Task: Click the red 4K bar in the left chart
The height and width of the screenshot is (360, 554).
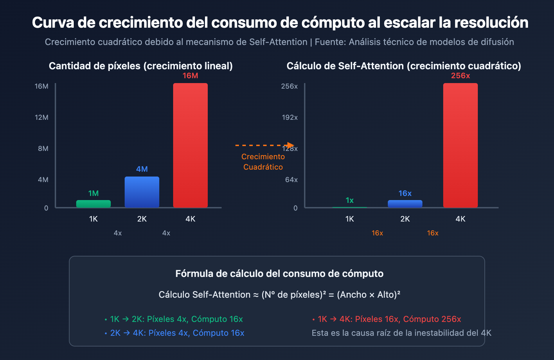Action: [190, 145]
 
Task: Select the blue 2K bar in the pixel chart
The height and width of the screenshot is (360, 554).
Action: [142, 192]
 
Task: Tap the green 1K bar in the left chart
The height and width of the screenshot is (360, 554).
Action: [93, 204]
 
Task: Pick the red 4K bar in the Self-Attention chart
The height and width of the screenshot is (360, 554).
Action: [461, 145]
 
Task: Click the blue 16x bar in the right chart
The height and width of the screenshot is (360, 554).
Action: [405, 204]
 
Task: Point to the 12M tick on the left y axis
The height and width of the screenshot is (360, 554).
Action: [42, 117]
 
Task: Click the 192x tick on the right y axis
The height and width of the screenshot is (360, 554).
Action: [289, 117]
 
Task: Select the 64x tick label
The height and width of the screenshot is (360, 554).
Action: [291, 180]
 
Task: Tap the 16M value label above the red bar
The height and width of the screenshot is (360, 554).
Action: [190, 76]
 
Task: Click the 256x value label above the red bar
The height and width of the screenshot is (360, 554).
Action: [461, 76]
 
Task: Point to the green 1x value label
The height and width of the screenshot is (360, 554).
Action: [350, 200]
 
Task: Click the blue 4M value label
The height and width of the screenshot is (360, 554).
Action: [142, 169]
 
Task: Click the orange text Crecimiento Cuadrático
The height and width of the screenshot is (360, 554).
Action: [263, 162]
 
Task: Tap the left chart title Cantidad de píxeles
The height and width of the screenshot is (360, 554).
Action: [141, 66]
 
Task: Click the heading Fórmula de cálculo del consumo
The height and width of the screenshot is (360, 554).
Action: [279, 273]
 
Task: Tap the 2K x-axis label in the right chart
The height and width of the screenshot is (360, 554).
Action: [405, 219]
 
